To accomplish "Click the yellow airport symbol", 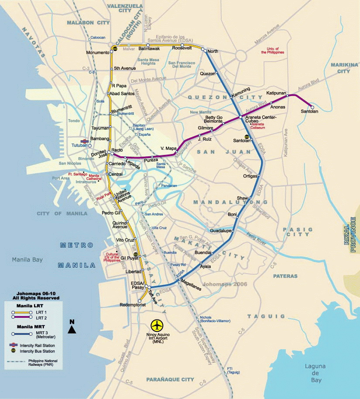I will click(x=157, y=325).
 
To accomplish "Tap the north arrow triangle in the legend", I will click(x=72, y=330).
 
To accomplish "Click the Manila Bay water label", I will click(x=27, y=259).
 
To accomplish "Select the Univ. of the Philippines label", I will click(x=273, y=50).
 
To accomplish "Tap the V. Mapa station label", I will click(x=168, y=148).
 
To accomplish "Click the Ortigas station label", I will click(x=250, y=176).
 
